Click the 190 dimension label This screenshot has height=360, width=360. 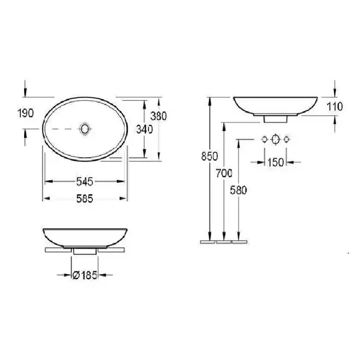coord(26,113)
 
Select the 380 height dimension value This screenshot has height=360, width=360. coord(158,116)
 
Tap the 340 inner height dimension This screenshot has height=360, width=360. coord(145,130)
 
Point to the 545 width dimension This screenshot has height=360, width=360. coord(85,182)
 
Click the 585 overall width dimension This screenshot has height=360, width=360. coord(85,199)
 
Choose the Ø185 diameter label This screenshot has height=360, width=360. coord(85,275)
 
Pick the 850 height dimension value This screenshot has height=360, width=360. coord(209,157)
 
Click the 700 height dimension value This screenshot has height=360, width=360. coord(224,173)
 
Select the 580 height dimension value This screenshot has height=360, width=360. coord(238,190)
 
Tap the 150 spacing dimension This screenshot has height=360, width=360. coord(276,163)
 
